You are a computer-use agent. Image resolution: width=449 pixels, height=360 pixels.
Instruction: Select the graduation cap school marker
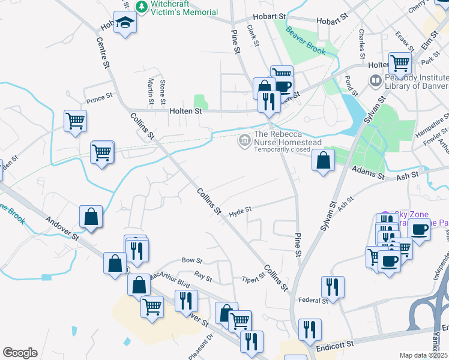tap(125, 23)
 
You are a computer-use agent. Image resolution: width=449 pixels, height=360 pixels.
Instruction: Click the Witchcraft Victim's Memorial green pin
tap(142, 7)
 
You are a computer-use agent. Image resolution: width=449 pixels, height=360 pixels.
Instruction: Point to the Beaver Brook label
tap(306, 41)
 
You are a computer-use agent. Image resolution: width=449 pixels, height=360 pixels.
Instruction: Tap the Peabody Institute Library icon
tap(376, 80)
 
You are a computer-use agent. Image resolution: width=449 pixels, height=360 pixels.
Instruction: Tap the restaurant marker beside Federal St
tap(332, 287)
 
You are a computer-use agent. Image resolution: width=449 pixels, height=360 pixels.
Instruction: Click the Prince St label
tap(99, 98)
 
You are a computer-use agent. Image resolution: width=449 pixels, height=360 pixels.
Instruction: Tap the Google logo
tap(20, 353)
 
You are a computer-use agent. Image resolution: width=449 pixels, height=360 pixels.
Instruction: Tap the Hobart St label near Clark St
tap(270, 16)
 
